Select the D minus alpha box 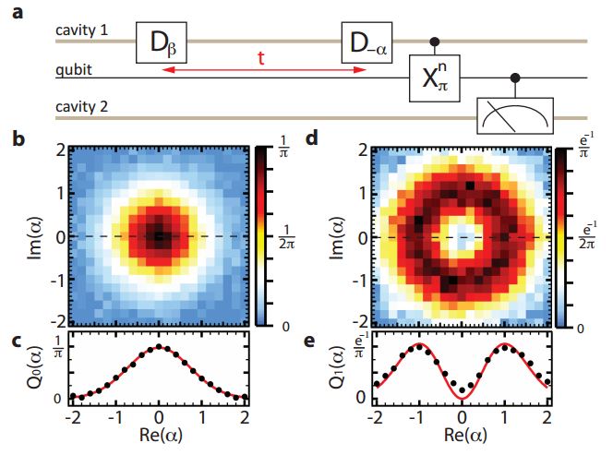coord(367,43)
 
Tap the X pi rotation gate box coord(434,80)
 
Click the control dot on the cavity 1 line coord(434,41)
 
